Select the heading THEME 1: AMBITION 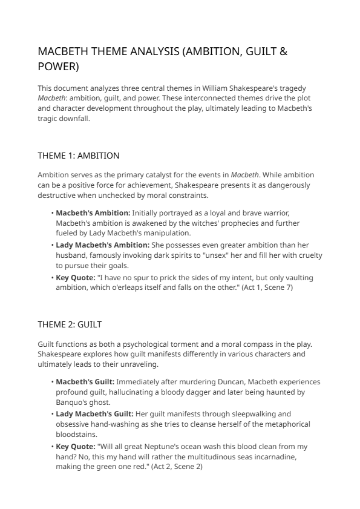click(x=78, y=156)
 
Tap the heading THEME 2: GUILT click(x=70, y=324)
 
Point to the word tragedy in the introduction click(x=296, y=88)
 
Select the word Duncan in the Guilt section click(x=227, y=382)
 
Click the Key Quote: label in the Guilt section click(x=75, y=447)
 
